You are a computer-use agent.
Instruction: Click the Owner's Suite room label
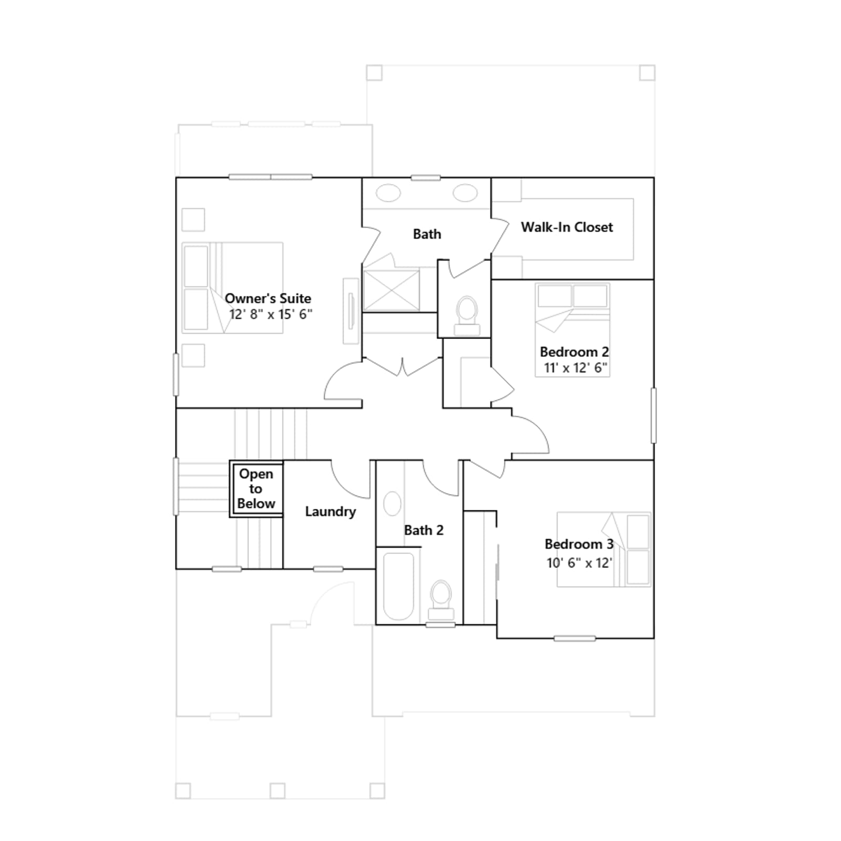click(268, 299)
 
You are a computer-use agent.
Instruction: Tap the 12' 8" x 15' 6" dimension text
click(271, 314)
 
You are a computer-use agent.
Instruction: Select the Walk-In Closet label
click(567, 227)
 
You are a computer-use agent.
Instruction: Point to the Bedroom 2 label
click(574, 352)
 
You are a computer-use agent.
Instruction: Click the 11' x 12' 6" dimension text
click(576, 367)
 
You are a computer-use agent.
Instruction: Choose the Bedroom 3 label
click(579, 544)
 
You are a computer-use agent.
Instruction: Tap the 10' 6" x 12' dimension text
click(579, 563)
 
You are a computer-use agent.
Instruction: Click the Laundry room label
click(330, 511)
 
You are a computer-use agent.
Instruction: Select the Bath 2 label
click(424, 530)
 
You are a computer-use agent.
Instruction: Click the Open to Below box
click(257, 489)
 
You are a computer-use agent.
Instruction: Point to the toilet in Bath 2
click(441, 600)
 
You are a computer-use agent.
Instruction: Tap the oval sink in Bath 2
click(392, 504)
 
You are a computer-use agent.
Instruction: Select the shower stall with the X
click(391, 290)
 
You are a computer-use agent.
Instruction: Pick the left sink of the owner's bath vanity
click(388, 193)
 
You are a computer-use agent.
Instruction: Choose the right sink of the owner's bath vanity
click(465, 193)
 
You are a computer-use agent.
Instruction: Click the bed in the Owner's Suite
click(232, 288)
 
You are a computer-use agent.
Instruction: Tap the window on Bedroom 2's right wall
click(654, 415)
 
